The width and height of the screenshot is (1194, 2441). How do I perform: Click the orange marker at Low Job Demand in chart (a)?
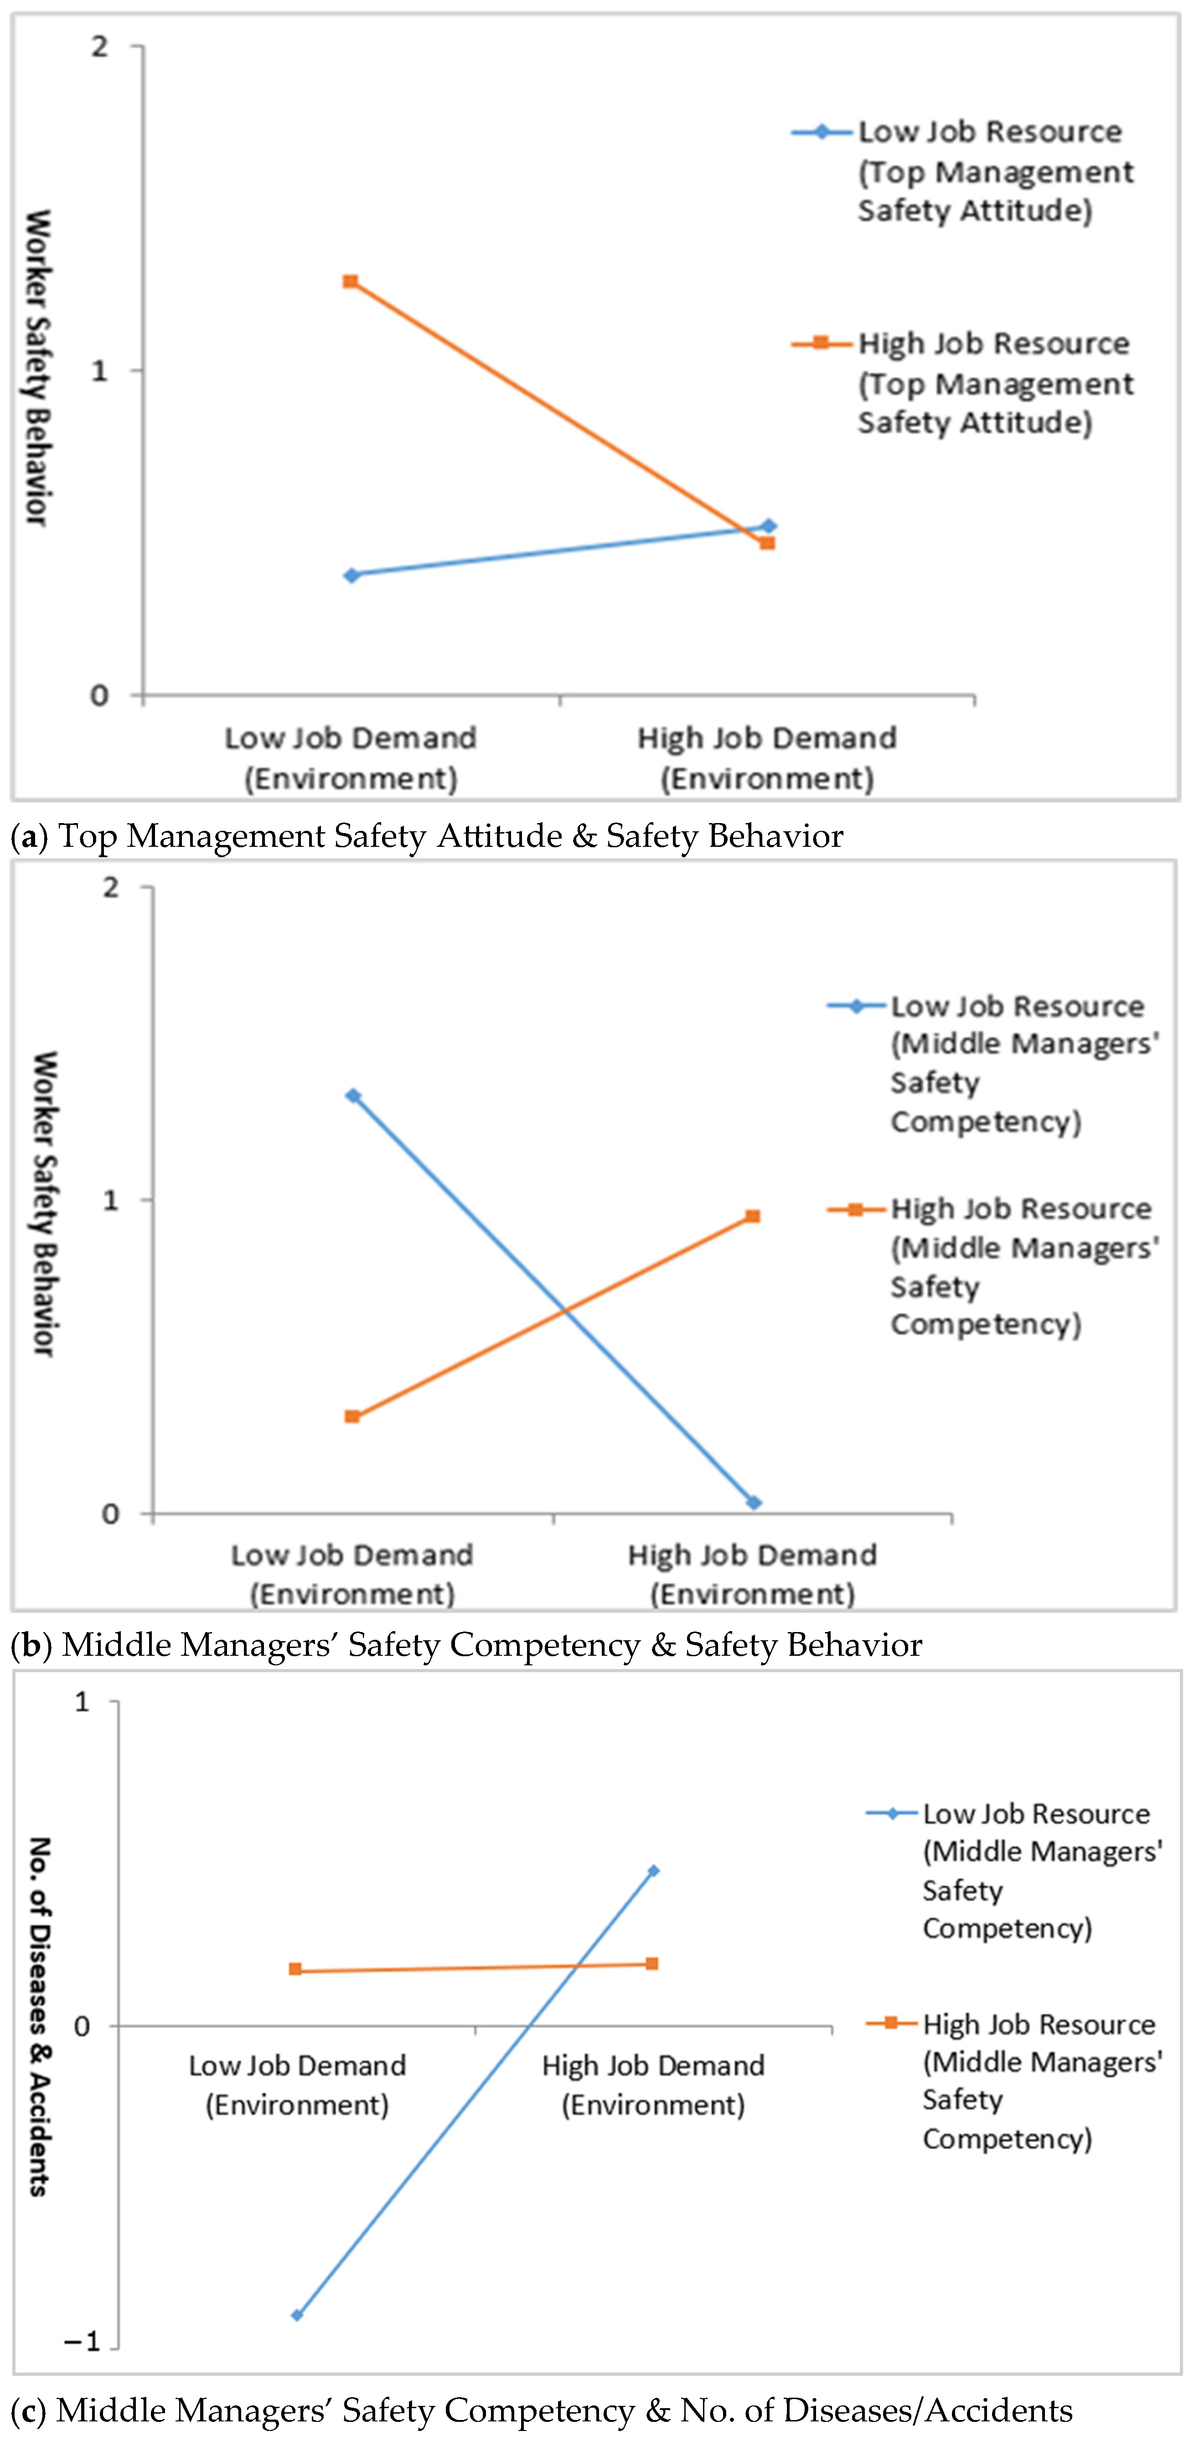click(351, 281)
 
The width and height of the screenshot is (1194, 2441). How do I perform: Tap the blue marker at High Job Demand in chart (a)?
click(769, 526)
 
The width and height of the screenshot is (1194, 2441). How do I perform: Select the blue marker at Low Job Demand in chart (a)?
click(351, 575)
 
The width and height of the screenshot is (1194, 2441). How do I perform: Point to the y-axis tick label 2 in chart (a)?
click(99, 47)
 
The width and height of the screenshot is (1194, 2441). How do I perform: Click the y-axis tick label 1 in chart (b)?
click(111, 1200)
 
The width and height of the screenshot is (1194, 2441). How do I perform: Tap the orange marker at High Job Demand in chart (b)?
click(752, 1216)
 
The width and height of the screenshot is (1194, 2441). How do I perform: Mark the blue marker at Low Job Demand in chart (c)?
click(298, 2314)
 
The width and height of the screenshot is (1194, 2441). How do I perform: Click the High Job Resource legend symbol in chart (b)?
click(856, 1209)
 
